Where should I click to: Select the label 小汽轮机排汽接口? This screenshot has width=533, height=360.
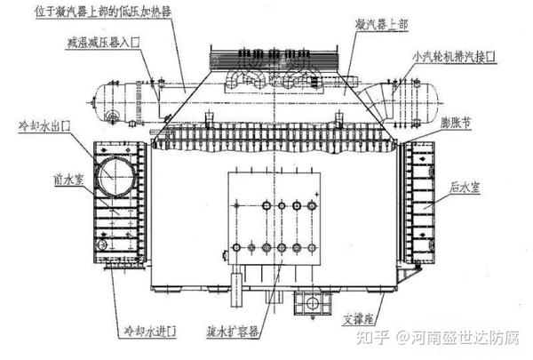454,55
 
